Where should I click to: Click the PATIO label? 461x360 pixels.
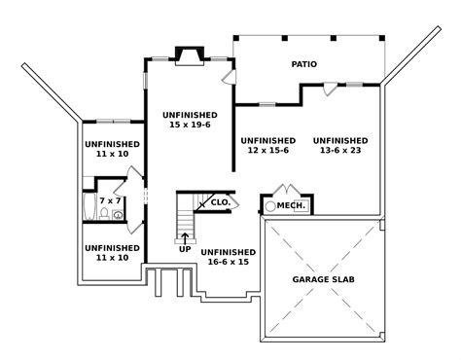point(304,65)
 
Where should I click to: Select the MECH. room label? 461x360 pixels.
point(292,206)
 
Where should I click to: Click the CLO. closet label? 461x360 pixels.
point(221,202)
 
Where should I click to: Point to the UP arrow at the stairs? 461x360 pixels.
point(185,236)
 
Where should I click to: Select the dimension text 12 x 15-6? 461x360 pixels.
point(267,152)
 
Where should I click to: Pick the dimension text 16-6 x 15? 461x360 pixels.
point(229,261)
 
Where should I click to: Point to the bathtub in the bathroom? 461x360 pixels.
point(89,206)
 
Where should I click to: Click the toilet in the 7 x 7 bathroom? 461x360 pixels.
point(118,214)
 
